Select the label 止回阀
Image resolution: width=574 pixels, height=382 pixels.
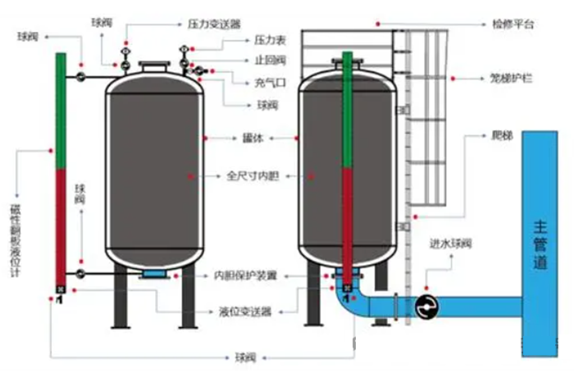click(270, 61)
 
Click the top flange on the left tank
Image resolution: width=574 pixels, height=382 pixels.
click(153, 66)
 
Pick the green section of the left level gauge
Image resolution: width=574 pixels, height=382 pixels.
click(61, 111)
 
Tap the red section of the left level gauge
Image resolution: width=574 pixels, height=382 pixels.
click(61, 225)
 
